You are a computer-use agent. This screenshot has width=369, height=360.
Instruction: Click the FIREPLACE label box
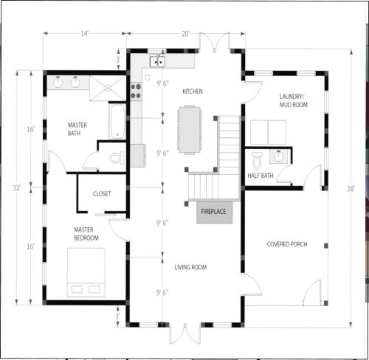[x=214, y=212]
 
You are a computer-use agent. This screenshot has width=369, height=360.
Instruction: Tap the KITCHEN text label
[x=193, y=91]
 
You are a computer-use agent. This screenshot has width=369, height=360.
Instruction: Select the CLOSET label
[x=102, y=194]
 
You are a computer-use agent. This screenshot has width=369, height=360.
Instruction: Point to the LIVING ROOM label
[x=190, y=267]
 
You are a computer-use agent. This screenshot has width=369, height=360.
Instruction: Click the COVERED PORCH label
[x=287, y=244]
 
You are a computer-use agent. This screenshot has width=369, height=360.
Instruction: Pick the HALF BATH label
[x=261, y=176]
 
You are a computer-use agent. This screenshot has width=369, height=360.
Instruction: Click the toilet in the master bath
[x=117, y=158]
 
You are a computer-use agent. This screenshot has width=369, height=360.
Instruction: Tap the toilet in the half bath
[x=257, y=161]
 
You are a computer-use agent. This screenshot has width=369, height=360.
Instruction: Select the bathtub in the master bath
[x=117, y=122]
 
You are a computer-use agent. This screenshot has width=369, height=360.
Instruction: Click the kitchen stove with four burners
[x=136, y=91]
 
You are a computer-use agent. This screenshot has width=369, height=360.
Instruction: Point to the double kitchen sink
[x=157, y=61]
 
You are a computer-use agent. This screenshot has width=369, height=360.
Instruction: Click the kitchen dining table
[x=190, y=130]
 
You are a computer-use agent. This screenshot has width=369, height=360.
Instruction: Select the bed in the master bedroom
[x=86, y=272]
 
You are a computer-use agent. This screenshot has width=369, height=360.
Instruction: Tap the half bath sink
[x=278, y=156]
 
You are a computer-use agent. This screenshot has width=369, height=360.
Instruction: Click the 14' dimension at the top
[x=84, y=33]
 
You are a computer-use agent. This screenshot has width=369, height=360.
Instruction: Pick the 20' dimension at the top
[x=186, y=33]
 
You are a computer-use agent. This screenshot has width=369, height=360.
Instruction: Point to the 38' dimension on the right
[x=351, y=189]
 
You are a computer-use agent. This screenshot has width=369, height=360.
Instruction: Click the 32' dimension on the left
[x=16, y=188]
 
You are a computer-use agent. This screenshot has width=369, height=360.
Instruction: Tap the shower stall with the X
[x=108, y=89]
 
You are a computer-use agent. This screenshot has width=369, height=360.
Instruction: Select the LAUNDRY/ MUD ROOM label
[x=294, y=100]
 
